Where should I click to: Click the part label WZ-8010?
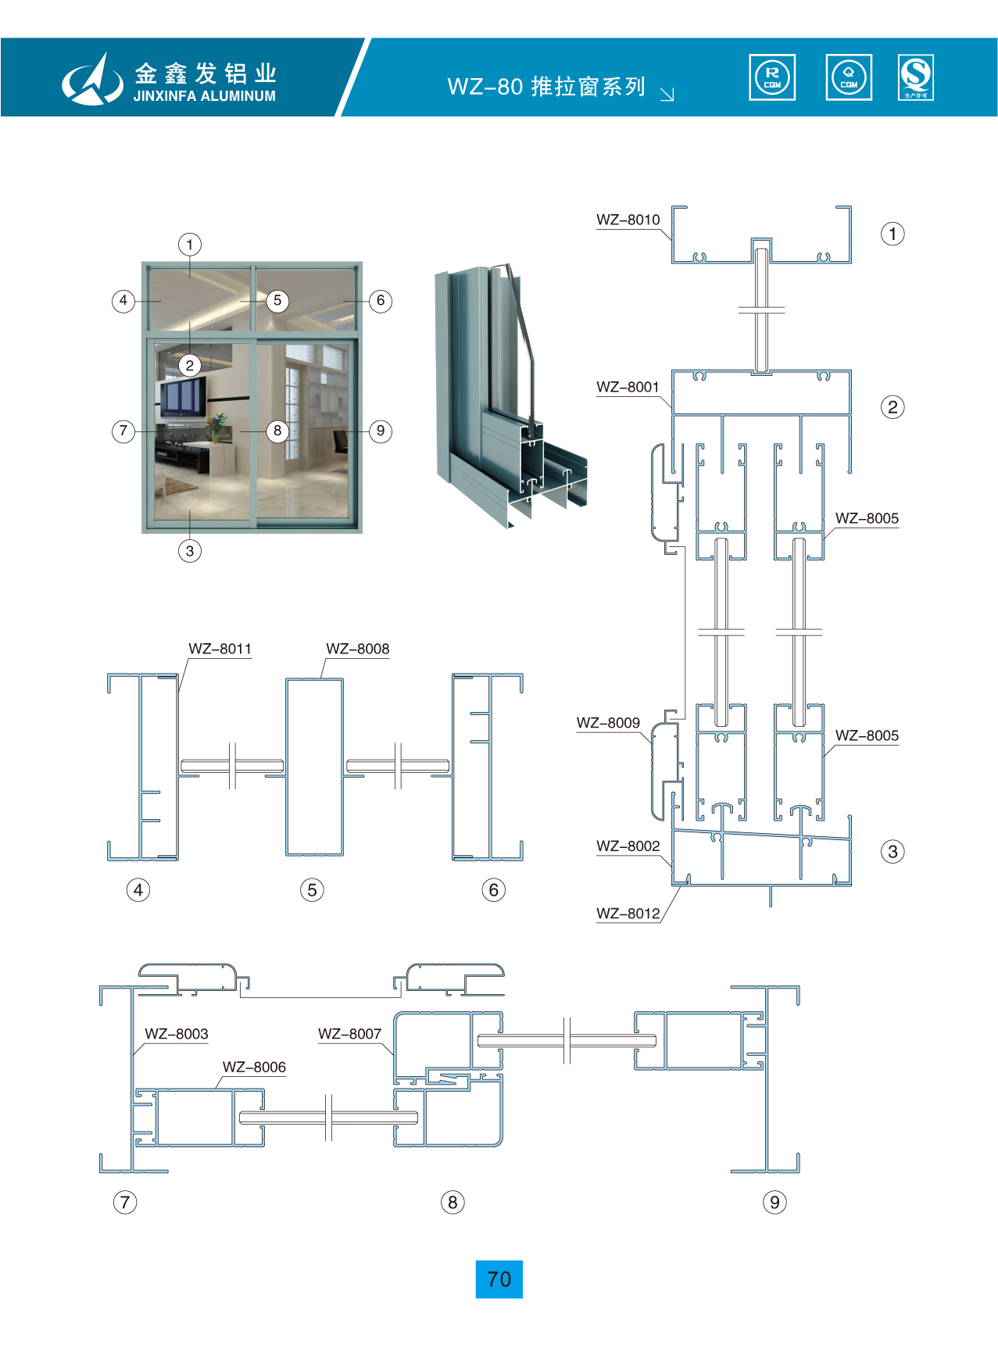coord(628,220)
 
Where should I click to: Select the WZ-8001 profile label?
coord(628,388)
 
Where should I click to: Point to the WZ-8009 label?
coord(608,724)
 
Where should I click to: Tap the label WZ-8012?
coord(628,914)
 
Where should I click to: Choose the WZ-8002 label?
coord(628,846)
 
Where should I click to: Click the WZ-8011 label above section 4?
coord(220,649)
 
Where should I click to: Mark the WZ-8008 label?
coord(357,649)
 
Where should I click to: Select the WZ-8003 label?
coord(177,1035)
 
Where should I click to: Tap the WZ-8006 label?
coord(254,1068)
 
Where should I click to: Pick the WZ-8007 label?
coord(349,1035)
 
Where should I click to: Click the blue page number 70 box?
coord(499,1279)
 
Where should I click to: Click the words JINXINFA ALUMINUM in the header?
coord(205,96)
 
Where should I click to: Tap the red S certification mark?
coord(915,77)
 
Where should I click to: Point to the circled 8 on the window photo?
coord(277,431)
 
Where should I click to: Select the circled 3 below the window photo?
coord(189,551)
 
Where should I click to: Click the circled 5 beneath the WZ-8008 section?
coord(312,890)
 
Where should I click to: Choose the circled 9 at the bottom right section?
coord(774,1202)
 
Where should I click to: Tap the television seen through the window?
coord(183,396)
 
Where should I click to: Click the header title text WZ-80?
coord(485,87)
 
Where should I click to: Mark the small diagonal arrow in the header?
coord(667,95)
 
